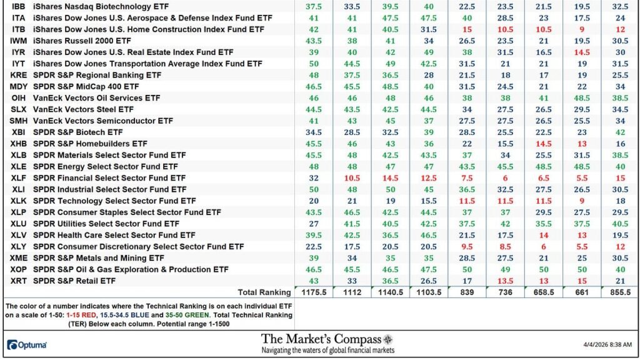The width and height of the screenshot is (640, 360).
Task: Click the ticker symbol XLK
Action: [x=18, y=201]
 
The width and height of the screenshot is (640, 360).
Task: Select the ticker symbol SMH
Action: [x=18, y=121]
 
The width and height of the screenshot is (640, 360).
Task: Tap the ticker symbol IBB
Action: [x=18, y=6]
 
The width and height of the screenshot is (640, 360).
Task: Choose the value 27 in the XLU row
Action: [x=313, y=224]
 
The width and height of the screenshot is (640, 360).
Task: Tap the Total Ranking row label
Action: [x=264, y=292]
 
